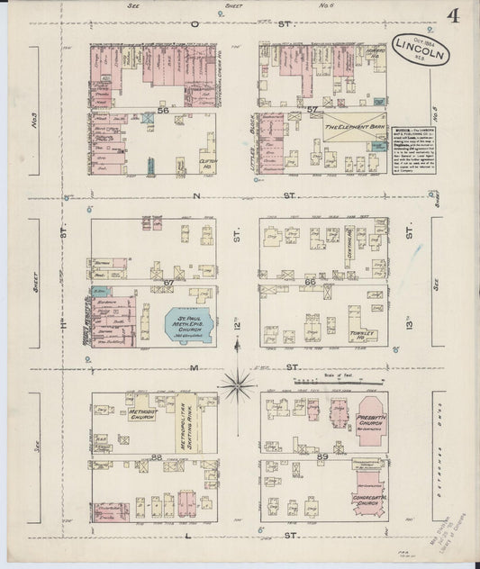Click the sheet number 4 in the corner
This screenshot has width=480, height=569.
tap(453, 16)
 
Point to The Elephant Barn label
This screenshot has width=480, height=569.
tap(354, 129)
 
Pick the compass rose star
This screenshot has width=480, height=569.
tap(238, 385)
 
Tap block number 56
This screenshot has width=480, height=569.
tap(163, 109)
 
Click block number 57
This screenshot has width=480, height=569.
tap(312, 110)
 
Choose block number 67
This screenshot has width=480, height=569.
tap(168, 283)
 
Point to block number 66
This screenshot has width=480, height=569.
tap(310, 283)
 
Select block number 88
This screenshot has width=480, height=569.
tap(157, 458)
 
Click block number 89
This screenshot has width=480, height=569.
tap(322, 458)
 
